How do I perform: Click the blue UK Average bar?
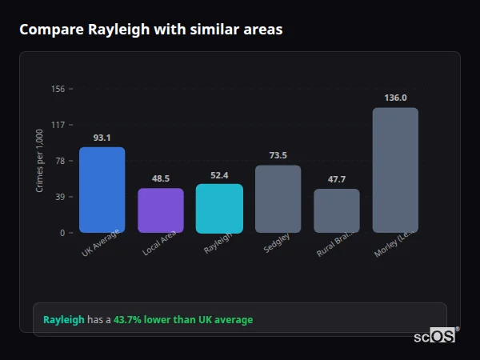(102, 190)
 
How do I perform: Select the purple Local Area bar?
(160, 210)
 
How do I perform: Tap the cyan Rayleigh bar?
(219, 209)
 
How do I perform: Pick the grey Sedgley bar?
(278, 199)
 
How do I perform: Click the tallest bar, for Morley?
(395, 170)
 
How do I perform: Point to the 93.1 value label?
(102, 138)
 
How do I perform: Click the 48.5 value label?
(160, 178)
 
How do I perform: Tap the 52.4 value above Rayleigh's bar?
(219, 175)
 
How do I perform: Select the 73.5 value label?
(278, 155)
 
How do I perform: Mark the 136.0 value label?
(395, 98)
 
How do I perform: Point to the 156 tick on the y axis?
(58, 89)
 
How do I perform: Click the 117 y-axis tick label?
(58, 125)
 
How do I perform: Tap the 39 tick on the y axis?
(59, 197)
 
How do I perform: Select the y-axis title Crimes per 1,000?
(40, 160)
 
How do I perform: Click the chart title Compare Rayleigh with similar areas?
(150, 30)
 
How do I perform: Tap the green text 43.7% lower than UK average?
(182, 320)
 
